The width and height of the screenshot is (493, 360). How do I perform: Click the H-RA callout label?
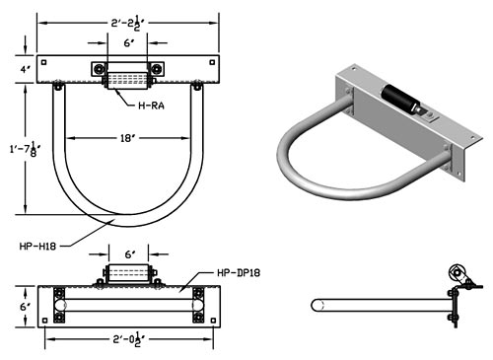pos(151,106)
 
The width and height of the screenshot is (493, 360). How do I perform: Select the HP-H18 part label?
pos(37,246)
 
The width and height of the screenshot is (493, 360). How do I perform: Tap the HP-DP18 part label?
pos(239,272)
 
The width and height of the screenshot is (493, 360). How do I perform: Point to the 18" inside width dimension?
pos(127,138)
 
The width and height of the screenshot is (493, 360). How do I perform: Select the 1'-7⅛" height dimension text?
pos(26,149)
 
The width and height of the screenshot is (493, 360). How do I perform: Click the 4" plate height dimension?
pos(26,70)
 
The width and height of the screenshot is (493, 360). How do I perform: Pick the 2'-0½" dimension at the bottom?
pos(129,339)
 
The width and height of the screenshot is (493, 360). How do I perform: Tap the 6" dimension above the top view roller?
pos(129,42)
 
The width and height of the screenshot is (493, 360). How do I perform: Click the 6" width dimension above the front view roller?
pos(130,254)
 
